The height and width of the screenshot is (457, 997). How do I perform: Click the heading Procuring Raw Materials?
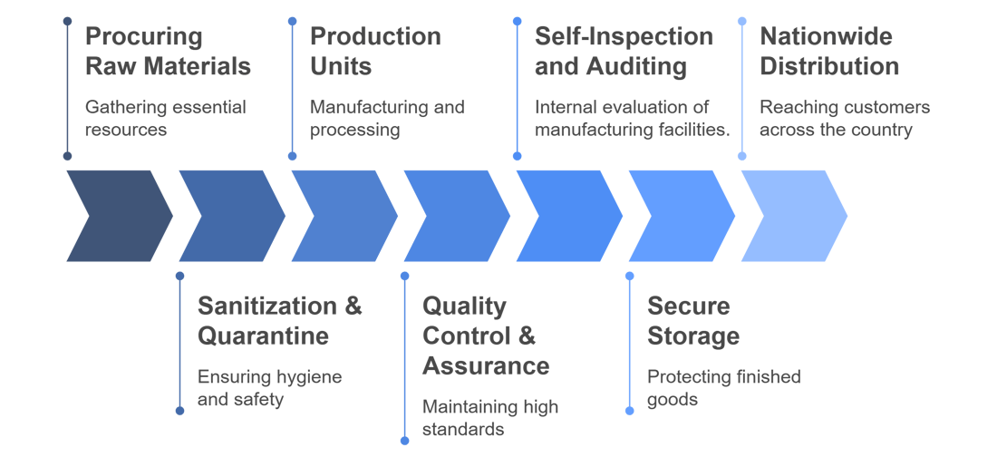168,52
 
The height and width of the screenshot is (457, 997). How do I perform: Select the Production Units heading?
375,52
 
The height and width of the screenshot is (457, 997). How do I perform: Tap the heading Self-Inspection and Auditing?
624,52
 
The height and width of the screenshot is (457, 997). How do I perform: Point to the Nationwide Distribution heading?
829,52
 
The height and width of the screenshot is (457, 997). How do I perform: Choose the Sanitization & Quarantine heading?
280,320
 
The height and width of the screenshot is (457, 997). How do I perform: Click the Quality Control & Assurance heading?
486,335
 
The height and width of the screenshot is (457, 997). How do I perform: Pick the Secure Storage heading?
693,320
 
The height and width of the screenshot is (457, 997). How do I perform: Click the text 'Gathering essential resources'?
165,118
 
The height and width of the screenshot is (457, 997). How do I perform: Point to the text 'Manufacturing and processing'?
387,118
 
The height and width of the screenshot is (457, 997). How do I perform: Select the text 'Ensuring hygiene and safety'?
269,387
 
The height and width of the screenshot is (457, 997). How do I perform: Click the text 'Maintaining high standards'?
490,417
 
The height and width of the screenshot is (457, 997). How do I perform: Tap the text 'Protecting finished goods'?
723,387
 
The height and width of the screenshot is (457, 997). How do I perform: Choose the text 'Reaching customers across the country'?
845,118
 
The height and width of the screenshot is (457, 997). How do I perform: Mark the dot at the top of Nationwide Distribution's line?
742,21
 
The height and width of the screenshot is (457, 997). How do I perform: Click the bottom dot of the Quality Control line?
404,441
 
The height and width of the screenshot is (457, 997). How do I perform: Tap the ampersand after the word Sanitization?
353,306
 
